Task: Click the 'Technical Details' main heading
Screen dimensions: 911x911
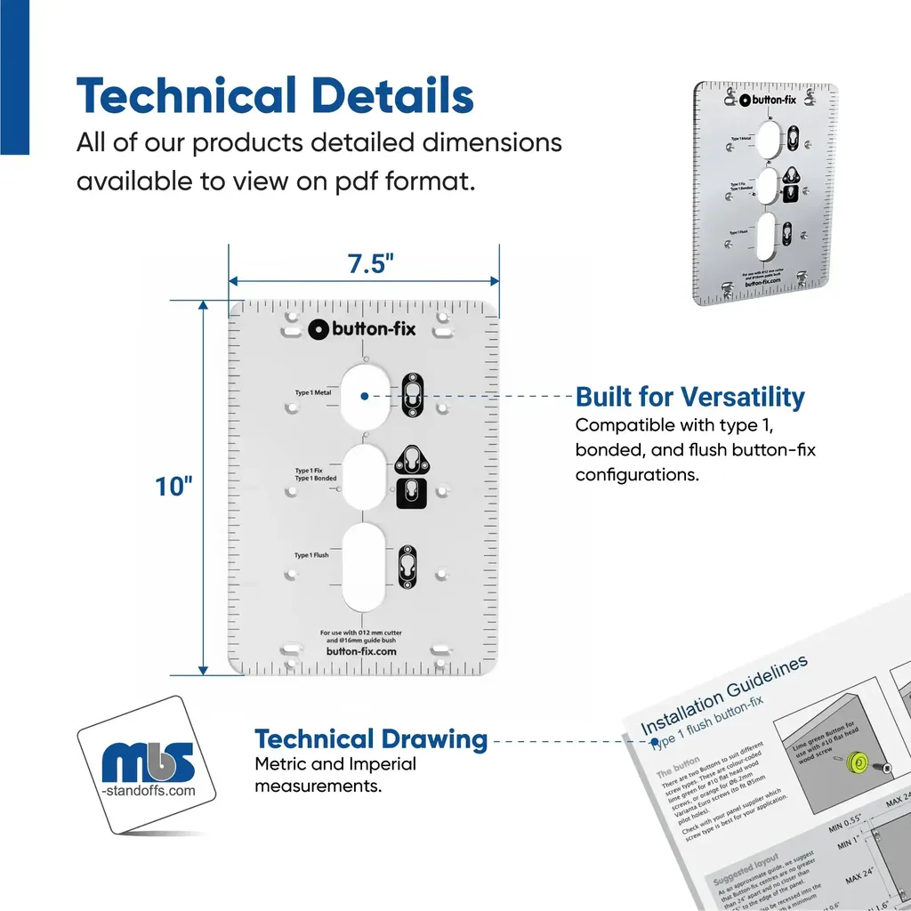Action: pyautogui.click(x=275, y=96)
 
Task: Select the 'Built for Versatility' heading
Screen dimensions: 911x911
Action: pyautogui.click(x=689, y=397)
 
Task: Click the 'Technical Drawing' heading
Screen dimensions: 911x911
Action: pyautogui.click(x=371, y=738)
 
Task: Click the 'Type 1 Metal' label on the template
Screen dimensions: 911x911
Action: pyautogui.click(x=313, y=392)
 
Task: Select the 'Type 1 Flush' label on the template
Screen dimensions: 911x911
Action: pyautogui.click(x=311, y=555)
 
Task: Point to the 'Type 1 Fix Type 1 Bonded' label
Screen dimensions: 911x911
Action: pyautogui.click(x=316, y=474)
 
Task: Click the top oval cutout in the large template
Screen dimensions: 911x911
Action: pyautogui.click(x=364, y=397)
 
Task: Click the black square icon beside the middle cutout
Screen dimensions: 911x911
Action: pyautogui.click(x=408, y=492)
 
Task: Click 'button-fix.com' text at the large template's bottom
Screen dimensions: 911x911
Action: pyautogui.click(x=360, y=650)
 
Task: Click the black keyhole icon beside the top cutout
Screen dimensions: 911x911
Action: pyautogui.click(x=412, y=393)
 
